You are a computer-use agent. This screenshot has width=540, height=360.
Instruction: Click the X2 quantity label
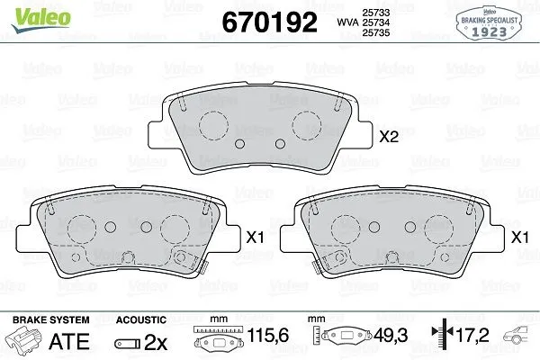point(388,138)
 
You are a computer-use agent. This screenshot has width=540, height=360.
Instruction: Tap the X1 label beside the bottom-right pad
point(518,238)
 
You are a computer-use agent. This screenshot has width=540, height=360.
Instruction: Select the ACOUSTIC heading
point(141,320)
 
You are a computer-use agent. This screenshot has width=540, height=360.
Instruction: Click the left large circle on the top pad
point(214,125)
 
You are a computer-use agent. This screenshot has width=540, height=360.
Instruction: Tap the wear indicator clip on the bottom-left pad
point(187,262)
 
